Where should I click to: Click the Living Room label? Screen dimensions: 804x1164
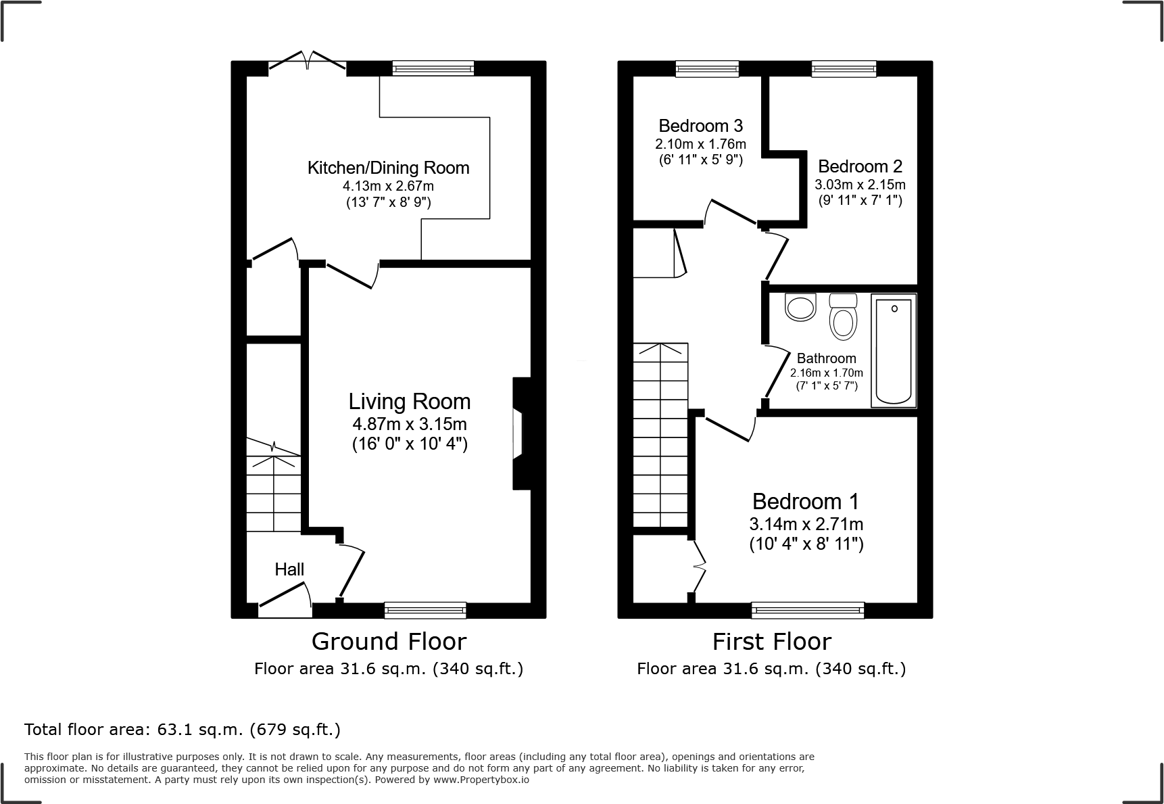[x=410, y=402]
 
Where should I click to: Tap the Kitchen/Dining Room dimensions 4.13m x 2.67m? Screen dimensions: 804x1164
[x=388, y=186]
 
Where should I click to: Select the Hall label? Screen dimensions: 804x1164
[x=289, y=569]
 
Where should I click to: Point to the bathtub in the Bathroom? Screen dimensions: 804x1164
[x=894, y=350]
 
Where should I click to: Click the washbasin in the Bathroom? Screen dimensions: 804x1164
[x=800, y=308]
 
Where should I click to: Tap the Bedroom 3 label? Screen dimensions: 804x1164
[x=700, y=126]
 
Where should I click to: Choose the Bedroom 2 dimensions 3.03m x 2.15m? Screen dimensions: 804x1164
[x=860, y=185]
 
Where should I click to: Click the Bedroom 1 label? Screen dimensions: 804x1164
[x=806, y=502]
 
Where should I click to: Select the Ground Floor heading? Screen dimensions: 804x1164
[x=389, y=641]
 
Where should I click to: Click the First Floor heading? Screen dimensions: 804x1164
[x=772, y=641]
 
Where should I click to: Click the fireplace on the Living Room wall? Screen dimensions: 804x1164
[x=520, y=433]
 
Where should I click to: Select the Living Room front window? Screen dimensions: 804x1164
[x=425, y=610]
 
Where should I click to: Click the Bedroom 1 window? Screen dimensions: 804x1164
[x=808, y=610]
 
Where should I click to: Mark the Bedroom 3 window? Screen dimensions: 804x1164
[x=707, y=68]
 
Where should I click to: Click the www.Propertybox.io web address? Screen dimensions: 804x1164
[x=481, y=780]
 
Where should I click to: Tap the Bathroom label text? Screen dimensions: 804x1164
[x=826, y=358]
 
